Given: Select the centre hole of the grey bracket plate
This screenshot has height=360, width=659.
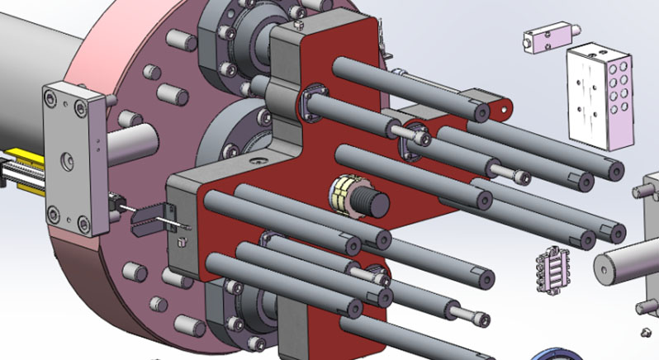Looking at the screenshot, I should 67,156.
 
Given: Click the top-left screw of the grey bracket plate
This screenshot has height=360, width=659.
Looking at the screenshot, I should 53,98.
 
